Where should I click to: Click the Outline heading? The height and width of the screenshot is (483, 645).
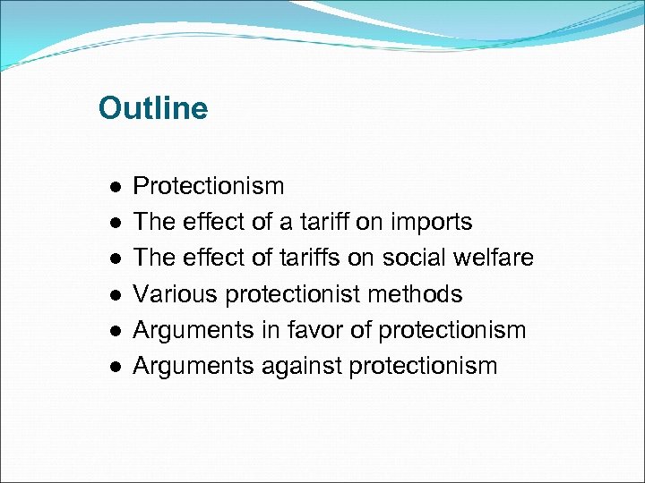coord(152,108)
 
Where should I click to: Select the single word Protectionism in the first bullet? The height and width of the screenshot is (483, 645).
coord(209,186)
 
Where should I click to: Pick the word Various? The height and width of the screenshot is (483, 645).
coord(176,293)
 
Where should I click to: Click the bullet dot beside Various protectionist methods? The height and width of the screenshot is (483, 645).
coord(116,295)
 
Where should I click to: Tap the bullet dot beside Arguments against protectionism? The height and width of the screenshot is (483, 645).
coord(116,367)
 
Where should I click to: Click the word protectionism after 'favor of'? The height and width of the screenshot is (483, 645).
coord(452,329)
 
